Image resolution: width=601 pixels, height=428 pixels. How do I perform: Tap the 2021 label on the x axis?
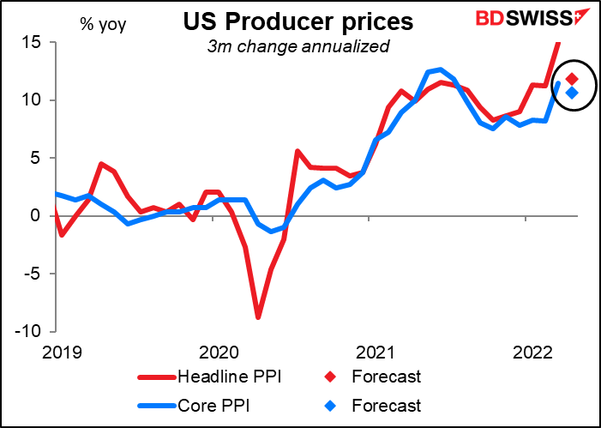376,351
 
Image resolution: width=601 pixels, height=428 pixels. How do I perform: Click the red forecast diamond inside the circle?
572,79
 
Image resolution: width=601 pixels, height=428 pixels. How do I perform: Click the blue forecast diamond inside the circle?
572,93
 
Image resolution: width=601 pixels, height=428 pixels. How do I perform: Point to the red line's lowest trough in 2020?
257,317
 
